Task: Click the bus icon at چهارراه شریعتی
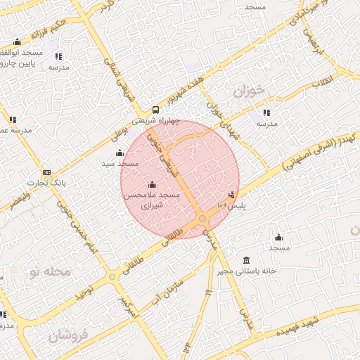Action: pos(155,110)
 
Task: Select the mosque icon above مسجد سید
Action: pos(119,153)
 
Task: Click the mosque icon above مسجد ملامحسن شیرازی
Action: pos(152,184)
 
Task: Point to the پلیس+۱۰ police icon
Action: pos(231,195)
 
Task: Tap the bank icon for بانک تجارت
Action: pos(46,172)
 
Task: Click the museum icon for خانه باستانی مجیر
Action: pos(245,260)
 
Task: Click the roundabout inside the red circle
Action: pos(202,219)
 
